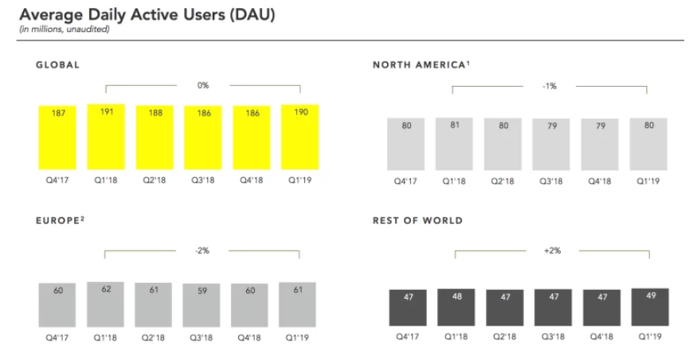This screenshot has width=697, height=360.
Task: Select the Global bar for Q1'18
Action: point(107,136)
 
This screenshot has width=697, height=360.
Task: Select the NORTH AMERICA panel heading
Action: point(421,65)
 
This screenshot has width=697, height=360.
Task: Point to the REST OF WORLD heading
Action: point(417,221)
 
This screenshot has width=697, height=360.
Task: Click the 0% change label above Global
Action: point(203,84)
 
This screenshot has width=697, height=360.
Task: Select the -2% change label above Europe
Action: point(202,250)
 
